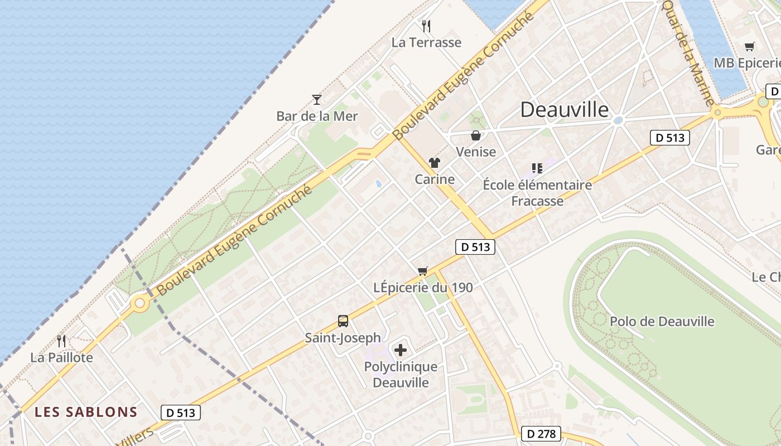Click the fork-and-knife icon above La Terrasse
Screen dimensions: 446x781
click(426, 26)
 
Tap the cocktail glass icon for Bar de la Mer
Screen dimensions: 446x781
click(317, 100)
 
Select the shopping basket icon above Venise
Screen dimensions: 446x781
click(476, 135)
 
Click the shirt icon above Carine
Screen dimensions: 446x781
click(435, 163)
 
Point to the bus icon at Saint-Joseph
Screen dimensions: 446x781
click(343, 321)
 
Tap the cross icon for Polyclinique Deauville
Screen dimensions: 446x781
click(401, 350)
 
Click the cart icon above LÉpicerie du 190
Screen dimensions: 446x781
click(423, 272)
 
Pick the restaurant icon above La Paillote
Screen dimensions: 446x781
click(61, 341)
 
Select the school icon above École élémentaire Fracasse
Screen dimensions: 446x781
click(537, 168)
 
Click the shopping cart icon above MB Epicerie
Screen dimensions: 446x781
click(750, 47)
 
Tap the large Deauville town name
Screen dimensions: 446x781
click(565, 110)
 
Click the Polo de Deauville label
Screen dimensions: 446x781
click(662, 321)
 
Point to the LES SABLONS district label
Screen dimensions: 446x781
click(86, 412)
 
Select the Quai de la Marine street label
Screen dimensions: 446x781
click(687, 52)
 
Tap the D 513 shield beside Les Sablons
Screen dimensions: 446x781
click(181, 413)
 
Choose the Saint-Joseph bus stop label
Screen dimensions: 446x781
click(343, 337)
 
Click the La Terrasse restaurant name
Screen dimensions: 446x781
click(426, 42)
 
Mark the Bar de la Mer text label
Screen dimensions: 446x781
click(317, 116)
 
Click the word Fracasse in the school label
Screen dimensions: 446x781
click(537, 201)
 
